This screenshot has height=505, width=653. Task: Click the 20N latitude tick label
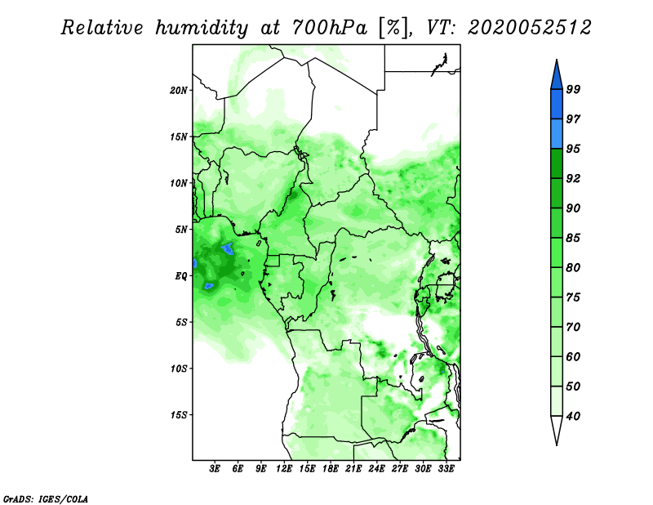tap(179, 91)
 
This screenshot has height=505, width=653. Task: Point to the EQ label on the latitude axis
tap(181, 276)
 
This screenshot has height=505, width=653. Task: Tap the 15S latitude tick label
tap(179, 415)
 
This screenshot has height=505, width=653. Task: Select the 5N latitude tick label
tap(181, 230)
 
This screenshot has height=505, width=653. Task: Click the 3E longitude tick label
tap(215, 469)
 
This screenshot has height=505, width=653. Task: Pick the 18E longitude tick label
tap(331, 469)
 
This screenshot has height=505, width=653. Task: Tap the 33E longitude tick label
tap(446, 469)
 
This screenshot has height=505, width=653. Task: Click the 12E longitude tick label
tap(284, 469)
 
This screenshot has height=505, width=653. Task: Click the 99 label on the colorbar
tap(573, 89)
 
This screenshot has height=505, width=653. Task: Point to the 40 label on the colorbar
tap(573, 416)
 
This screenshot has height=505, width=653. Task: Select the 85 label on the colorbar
tap(573, 238)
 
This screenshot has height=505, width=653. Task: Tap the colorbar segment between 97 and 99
tap(557, 105)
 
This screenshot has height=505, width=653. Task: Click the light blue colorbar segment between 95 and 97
tap(557, 134)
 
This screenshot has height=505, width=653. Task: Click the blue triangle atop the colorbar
tap(557, 76)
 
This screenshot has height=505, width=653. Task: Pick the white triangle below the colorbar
tap(557, 430)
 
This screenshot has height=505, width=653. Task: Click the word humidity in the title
tap(202, 29)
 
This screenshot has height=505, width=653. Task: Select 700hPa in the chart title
tap(330, 28)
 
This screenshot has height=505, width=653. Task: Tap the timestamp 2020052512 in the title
tap(529, 28)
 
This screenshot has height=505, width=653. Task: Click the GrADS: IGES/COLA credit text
tap(46, 498)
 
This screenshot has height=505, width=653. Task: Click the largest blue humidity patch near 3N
tap(228, 249)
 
